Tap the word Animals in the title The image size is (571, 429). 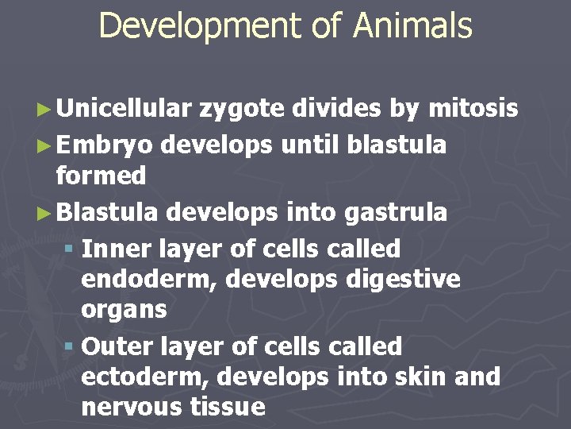coord(412,25)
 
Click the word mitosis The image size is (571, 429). coord(473,108)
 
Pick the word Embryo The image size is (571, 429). coord(105,145)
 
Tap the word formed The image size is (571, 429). coord(102,175)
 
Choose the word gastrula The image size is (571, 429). coord(396,213)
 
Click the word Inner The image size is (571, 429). coord(117,249)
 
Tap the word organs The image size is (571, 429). coord(124,310)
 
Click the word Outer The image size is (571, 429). coord(117,347)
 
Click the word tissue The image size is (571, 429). coord(228,407)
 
